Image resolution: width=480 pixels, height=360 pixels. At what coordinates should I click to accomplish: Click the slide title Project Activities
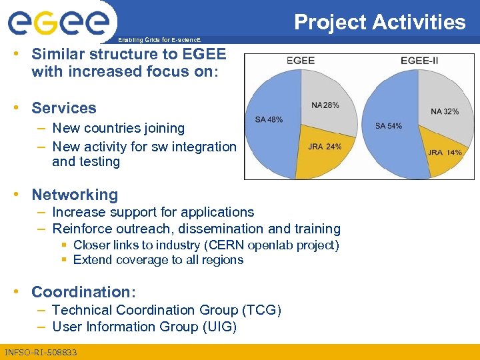tap(379, 22)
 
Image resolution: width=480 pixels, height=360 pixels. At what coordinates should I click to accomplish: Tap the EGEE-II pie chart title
tap(419, 61)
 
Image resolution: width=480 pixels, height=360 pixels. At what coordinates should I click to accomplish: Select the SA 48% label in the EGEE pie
tap(269, 119)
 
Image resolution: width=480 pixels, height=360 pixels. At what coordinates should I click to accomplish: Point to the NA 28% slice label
tap(325, 105)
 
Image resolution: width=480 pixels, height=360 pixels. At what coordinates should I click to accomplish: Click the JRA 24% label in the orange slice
tap(325, 147)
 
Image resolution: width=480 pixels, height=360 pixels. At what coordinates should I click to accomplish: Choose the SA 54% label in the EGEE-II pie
tap(389, 126)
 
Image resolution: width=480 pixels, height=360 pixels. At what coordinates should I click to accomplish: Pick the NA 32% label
tap(444, 111)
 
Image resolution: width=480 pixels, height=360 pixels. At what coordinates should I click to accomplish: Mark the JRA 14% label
tap(445, 153)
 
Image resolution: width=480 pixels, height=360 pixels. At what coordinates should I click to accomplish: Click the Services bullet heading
tap(64, 108)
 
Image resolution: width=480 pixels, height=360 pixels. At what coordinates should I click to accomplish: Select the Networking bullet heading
tap(75, 195)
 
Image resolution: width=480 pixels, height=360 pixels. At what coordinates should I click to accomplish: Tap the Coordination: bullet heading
tap(84, 292)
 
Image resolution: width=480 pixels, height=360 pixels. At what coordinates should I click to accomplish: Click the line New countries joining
tap(118, 128)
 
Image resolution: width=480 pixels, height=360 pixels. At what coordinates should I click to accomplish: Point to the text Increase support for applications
tap(153, 212)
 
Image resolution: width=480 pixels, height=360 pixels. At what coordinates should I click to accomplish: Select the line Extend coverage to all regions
tap(158, 260)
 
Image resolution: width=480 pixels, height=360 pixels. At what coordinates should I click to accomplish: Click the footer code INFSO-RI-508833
tap(41, 352)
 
